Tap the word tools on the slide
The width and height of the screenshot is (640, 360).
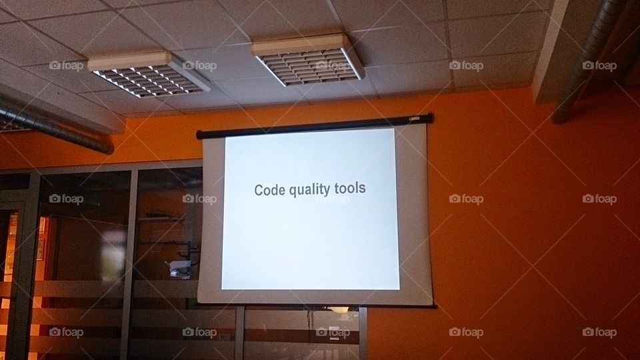(x=351, y=189)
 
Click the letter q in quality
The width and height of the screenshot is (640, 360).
(x=295, y=191)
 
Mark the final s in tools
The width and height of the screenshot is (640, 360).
(x=363, y=190)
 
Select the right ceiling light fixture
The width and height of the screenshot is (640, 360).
(x=308, y=59)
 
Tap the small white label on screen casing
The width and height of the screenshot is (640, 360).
(x=413, y=119)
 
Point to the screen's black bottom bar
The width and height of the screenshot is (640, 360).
(x=317, y=305)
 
